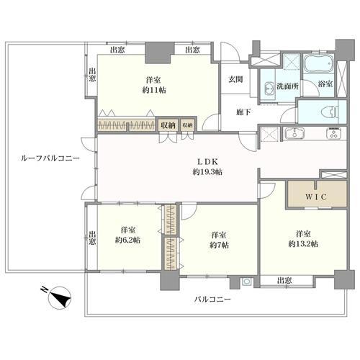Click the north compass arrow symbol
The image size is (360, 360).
point(58,295)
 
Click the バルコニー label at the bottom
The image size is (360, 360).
point(213,298)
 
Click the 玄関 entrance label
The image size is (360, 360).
point(235,79)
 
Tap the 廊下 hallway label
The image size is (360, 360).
point(243,112)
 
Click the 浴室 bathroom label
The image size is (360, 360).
point(325,84)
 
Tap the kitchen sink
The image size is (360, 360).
point(294,134)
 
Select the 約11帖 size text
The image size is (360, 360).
point(152,91)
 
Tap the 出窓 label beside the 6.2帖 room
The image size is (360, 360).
point(92,238)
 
